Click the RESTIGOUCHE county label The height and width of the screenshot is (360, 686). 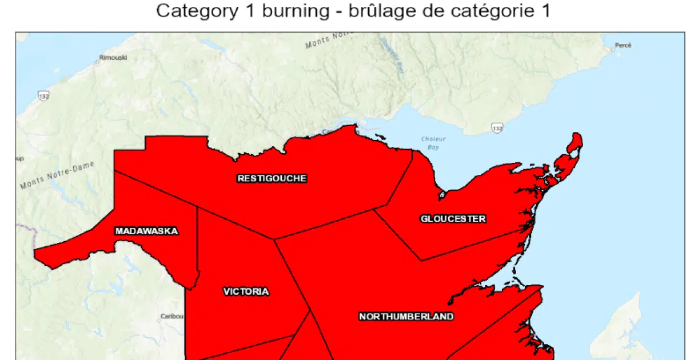tap(272, 178)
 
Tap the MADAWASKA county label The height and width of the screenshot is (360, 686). tap(146, 231)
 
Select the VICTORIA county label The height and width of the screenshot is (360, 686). tap(246, 292)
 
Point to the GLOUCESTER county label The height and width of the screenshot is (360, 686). tap(453, 219)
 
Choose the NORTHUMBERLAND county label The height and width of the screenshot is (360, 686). tap(406, 317)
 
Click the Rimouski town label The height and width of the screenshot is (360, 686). tap(113, 58)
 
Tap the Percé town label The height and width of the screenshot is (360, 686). tap(623, 45)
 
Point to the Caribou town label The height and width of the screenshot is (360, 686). tap(171, 316)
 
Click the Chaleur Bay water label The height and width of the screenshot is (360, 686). tap(433, 143)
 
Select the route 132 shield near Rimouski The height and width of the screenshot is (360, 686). tap(44, 95)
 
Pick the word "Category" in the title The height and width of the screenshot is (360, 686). tap(196, 11)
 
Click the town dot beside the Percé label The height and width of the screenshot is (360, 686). tap(612, 50)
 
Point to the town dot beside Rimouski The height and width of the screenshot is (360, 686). tap(98, 62)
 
